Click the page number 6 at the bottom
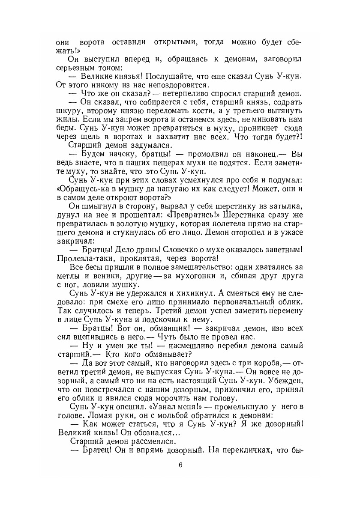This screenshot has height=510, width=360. (x=180, y=465)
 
